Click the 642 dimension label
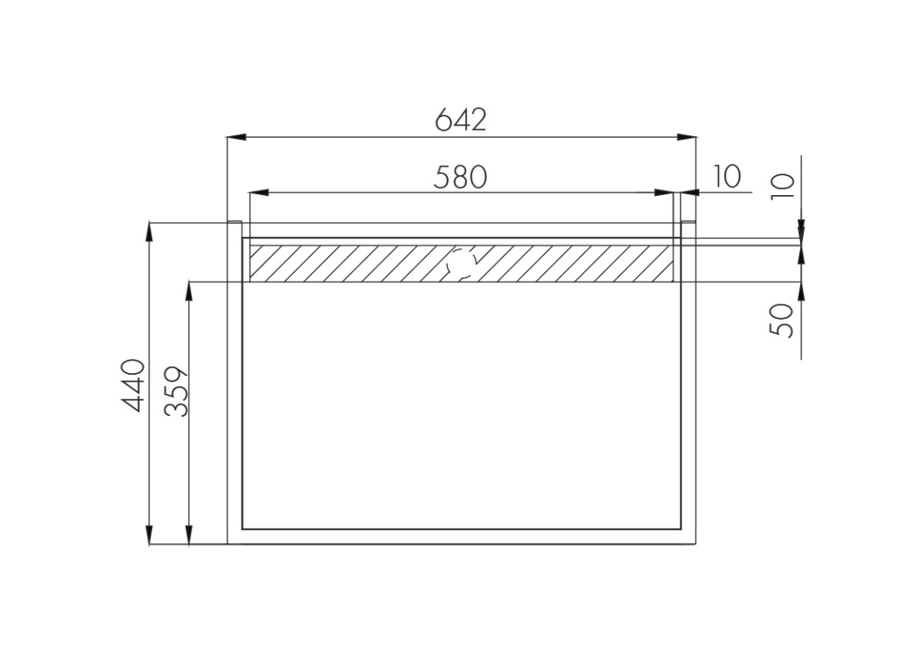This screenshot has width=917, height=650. tap(461, 119)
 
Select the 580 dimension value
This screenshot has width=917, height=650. tap(461, 177)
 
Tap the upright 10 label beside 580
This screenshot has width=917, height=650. tap(727, 177)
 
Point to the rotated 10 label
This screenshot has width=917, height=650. tap(783, 187)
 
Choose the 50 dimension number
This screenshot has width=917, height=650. tap(782, 320)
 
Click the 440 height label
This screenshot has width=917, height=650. tap(133, 385)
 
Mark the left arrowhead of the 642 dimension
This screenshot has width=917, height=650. tap(237, 137)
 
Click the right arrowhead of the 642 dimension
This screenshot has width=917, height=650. tap(686, 137)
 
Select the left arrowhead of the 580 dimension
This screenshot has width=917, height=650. tap(259, 193)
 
